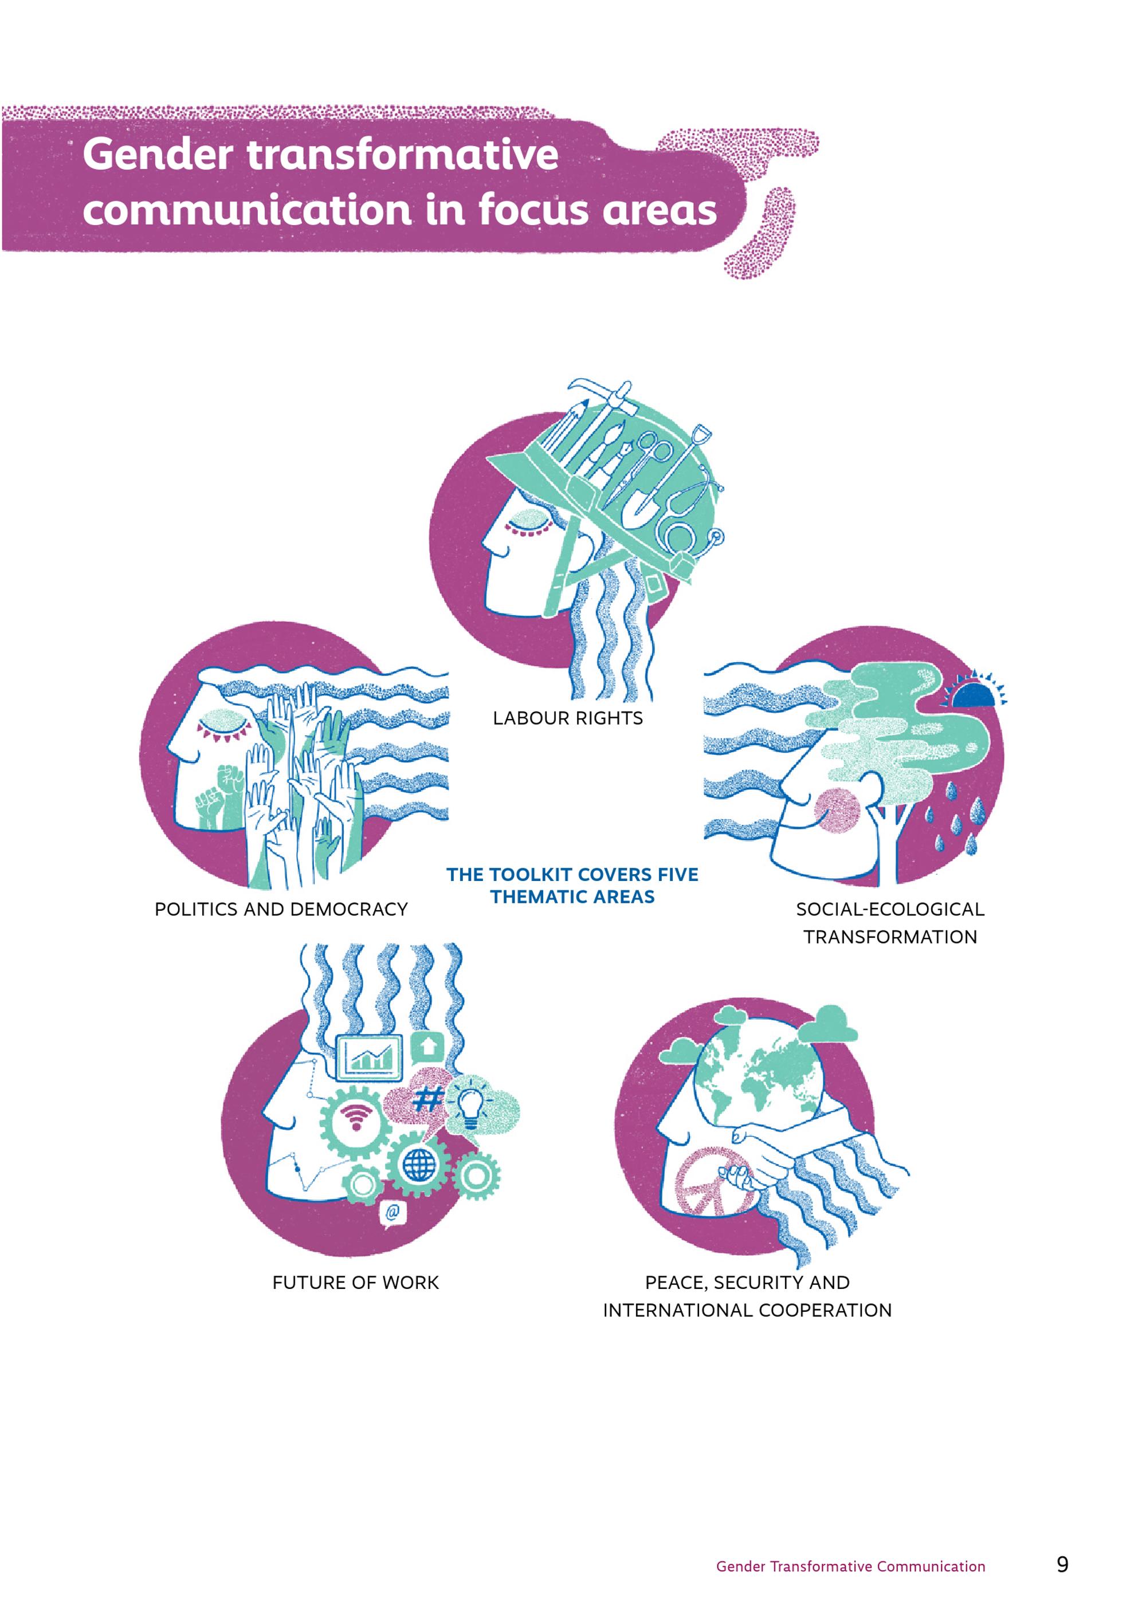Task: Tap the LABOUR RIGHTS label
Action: click(x=568, y=718)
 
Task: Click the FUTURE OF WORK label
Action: click(x=356, y=1282)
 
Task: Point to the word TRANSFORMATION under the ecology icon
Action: click(x=890, y=937)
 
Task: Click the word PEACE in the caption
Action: click(x=676, y=1283)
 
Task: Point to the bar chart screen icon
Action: click(x=370, y=1056)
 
